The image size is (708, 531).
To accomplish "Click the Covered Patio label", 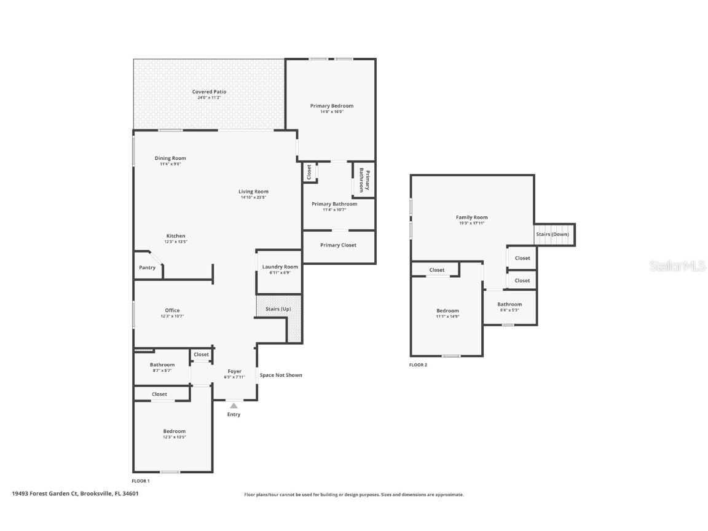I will point(209,92).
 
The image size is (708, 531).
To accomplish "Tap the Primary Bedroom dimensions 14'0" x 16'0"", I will point(331,112).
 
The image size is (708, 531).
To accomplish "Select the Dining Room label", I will point(170,158).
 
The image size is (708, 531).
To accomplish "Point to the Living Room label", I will point(253,191).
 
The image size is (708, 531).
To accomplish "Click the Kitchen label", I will point(175,235).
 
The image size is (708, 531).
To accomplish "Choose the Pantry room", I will point(147,267).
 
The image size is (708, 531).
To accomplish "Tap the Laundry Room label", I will point(280,267).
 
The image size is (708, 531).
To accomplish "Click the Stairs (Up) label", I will point(278,309).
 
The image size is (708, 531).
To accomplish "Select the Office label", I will point(172,310).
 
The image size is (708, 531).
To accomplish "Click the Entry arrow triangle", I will point(234,406).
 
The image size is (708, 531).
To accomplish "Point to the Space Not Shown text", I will point(280,375).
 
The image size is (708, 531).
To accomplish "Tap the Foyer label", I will point(235,371).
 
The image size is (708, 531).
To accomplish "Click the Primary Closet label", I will point(338,245).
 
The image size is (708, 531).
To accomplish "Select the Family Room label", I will point(471,217).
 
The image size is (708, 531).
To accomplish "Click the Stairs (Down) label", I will point(552,234).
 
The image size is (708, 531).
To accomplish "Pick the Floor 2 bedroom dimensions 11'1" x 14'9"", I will point(447,317).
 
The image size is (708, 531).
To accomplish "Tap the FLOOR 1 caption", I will point(141,481).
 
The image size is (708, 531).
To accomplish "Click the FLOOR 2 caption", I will point(418,364).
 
